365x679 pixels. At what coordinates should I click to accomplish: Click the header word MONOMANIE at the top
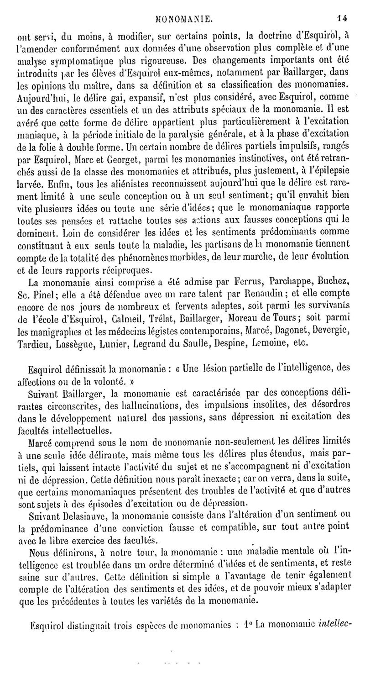[182, 6]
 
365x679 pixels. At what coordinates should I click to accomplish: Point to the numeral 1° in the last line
[249, 623]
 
